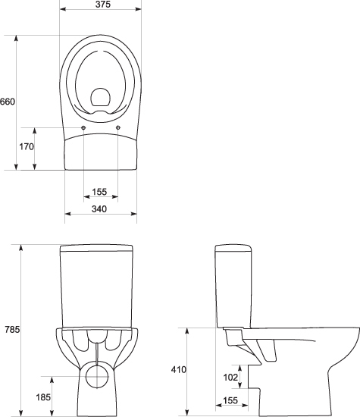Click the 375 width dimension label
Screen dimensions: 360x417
[x=103, y=5]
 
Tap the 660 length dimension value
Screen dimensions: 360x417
[x=8, y=102]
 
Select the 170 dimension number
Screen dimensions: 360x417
[x=27, y=146]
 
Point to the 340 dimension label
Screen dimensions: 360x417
[x=99, y=209]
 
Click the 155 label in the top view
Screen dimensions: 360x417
[x=99, y=192]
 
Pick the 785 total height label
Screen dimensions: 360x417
[x=12, y=330]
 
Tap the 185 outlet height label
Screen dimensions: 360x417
[x=43, y=397]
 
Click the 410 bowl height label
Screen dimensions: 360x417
[x=179, y=370]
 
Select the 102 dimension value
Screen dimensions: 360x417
[x=230, y=377]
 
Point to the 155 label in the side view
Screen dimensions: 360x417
[x=230, y=400]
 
